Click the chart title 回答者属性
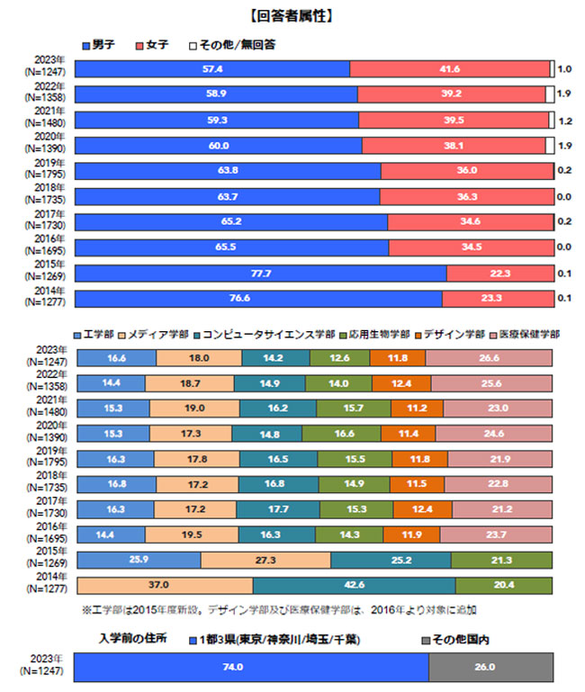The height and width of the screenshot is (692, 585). tap(292, 16)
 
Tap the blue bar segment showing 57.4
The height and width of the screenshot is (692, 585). tap(212, 69)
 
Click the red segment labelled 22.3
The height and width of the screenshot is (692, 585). tap(499, 274)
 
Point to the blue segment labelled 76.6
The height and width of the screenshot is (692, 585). tap(259, 299)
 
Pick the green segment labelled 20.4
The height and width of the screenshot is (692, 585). tap(504, 586)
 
